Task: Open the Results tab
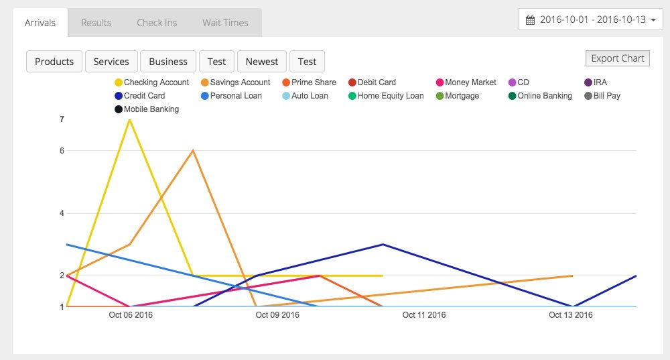[x=96, y=23]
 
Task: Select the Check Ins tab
[x=157, y=23]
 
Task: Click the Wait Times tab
[x=225, y=23]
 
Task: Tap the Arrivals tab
[x=40, y=23]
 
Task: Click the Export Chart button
[x=617, y=58]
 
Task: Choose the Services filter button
[x=111, y=62]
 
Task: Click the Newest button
[x=261, y=62]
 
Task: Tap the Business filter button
[x=168, y=62]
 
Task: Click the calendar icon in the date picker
[x=530, y=20]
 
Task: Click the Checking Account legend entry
[x=156, y=82]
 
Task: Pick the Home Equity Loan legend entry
[x=390, y=96]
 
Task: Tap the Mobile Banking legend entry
[x=151, y=109]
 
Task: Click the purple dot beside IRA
[x=588, y=82]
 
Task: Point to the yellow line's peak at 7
[x=129, y=119]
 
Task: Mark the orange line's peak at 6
[x=193, y=150]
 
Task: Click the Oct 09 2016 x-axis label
[x=277, y=315]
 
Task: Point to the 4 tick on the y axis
[x=62, y=213]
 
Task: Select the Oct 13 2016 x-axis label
[x=570, y=315]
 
